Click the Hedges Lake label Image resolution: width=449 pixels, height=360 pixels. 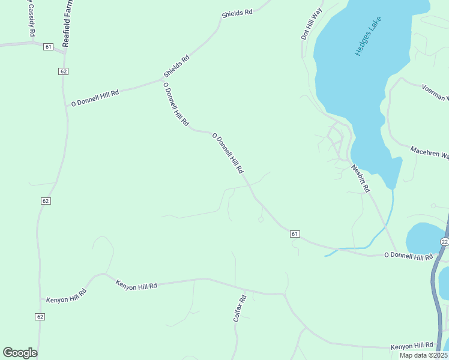pos(368,36)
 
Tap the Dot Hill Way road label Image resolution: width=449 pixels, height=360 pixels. pos(312,25)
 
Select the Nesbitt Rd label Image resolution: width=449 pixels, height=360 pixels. pos(360,178)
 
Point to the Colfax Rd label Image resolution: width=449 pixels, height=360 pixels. pos(240,308)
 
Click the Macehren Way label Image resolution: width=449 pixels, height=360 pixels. pos(429,152)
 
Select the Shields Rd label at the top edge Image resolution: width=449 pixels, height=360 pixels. pos(237,13)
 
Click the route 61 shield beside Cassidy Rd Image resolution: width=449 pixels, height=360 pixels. pos(49,47)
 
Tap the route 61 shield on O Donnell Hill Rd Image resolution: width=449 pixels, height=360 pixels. pos(294,233)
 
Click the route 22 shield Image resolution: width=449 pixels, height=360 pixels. pos(444,241)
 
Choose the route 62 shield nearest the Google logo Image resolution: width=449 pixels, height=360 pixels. pos(40,317)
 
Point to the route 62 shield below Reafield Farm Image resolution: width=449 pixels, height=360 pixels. pos(64,71)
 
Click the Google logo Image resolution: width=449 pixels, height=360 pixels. pos(20,352)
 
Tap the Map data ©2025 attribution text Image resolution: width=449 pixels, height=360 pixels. pos(424,355)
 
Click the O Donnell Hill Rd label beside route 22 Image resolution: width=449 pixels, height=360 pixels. pos(408,256)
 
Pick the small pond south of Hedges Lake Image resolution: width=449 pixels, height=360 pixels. pos(425,238)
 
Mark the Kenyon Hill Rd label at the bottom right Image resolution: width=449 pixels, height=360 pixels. pos(412,346)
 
